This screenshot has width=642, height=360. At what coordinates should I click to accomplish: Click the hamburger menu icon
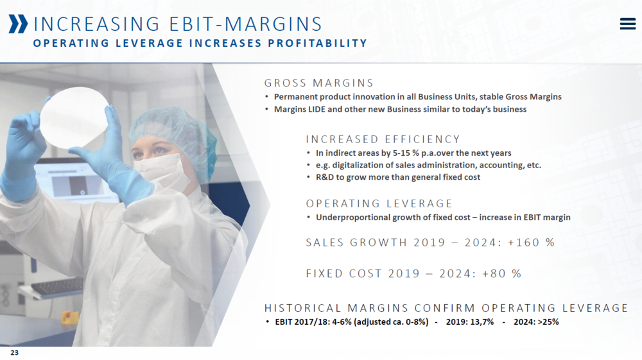point(628,24)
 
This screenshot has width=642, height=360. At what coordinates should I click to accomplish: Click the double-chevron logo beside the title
point(19,24)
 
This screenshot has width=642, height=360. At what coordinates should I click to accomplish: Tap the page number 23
point(14,353)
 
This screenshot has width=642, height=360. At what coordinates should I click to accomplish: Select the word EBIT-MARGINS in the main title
point(246,24)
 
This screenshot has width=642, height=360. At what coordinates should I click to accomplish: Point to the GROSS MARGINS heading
point(319,83)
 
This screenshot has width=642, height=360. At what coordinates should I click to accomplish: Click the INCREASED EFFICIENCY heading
point(383,139)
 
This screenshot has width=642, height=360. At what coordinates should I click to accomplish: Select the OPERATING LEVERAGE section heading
point(379,203)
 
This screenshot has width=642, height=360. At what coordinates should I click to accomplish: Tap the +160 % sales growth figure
point(531,243)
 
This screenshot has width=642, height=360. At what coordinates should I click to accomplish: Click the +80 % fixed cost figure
point(501,273)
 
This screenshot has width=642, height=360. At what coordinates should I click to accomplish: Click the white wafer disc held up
point(74,117)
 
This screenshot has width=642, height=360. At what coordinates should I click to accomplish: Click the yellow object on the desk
point(69,317)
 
